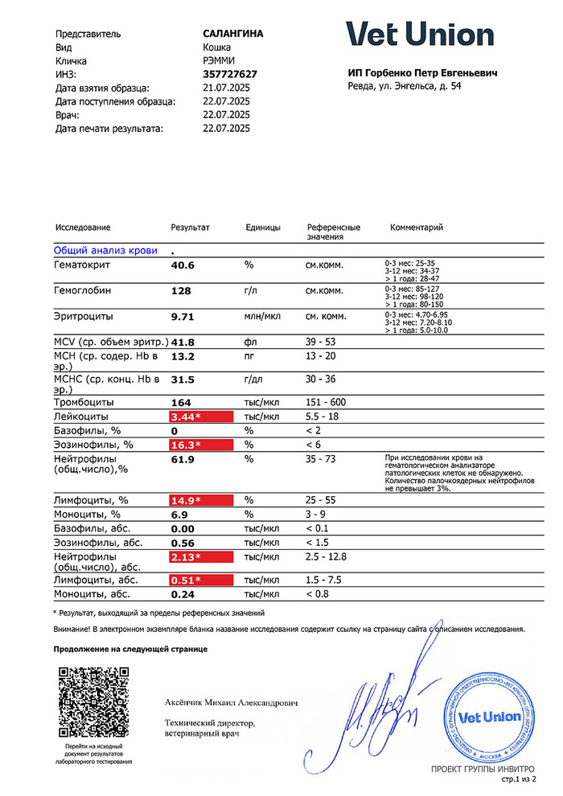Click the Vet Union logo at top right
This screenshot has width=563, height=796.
(x=420, y=35)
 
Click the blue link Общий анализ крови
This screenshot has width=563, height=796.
(x=105, y=250)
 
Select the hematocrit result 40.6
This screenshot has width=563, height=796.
(x=183, y=265)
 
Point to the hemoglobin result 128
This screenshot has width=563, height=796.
(x=181, y=291)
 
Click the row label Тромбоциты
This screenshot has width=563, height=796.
(x=83, y=402)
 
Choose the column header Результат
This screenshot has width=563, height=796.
(x=190, y=228)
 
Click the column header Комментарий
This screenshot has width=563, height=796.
(x=417, y=228)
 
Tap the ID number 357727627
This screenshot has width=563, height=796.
(x=231, y=74)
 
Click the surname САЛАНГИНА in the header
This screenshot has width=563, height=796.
(x=233, y=34)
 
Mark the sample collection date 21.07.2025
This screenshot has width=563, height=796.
(x=226, y=88)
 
